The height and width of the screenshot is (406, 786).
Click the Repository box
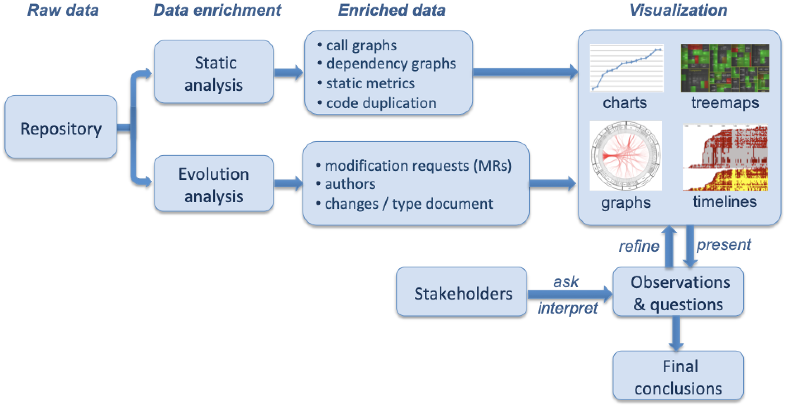pos(61,128)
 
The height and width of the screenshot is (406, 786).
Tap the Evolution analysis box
pos(213,185)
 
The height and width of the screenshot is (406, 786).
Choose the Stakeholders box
pos(462,293)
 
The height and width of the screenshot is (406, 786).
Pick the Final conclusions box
pos(678,377)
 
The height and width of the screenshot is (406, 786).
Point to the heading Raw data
pos(63,10)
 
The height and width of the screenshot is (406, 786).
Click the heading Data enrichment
pos(217,10)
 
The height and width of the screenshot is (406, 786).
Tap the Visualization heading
pos(678,10)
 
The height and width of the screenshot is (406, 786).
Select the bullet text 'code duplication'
pos(381,103)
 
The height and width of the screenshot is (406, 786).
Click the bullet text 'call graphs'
pos(361,45)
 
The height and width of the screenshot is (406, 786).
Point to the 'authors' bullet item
pos(350,184)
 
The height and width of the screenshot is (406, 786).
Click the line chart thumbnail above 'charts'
pos(626,68)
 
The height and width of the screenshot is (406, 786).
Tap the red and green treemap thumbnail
pos(725,68)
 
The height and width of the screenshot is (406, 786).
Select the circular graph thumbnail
pos(626,156)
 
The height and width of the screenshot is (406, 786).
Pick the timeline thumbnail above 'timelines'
pos(725,157)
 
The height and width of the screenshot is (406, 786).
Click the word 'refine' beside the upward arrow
pos(639,246)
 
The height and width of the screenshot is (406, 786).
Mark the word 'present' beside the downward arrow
pos(724,245)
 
